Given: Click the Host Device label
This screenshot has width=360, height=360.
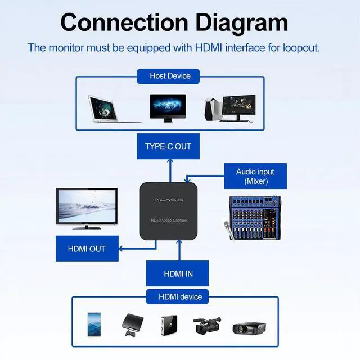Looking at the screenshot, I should (170, 76).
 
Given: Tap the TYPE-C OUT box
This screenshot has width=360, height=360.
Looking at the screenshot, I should (168, 146).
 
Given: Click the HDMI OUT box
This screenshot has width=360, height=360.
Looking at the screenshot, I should (87, 249).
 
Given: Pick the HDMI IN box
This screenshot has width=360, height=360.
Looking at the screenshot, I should (178, 274).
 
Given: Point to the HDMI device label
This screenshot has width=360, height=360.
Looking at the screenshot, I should (180, 296).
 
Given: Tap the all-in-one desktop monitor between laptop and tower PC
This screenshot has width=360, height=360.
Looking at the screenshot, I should (168, 107).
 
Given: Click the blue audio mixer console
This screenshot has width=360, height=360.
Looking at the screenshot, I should (254, 216).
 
